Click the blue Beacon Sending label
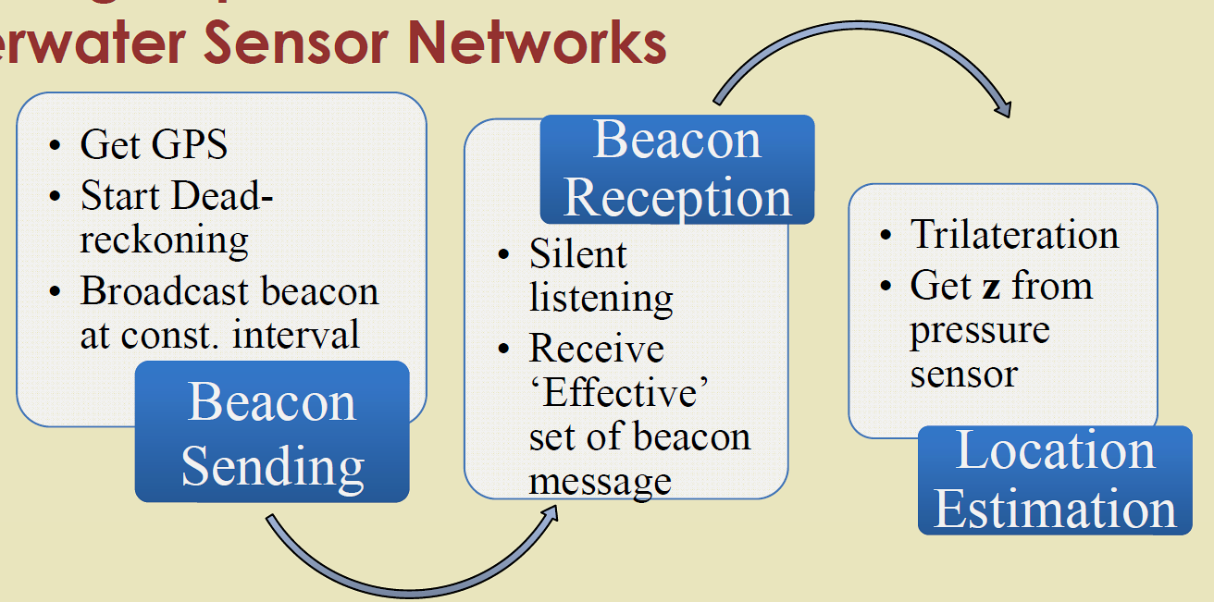[272, 433]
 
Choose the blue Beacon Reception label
[677, 169]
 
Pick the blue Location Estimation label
[1055, 480]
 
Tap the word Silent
[577, 254]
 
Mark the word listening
[601, 298]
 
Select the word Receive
[596, 350]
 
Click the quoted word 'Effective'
[619, 393]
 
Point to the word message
[600, 481]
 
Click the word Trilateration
[1014, 235]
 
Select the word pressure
[979, 330]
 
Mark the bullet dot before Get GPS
[57, 147]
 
